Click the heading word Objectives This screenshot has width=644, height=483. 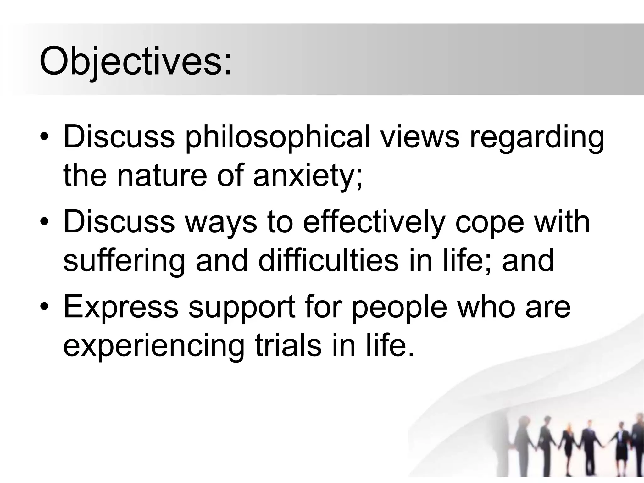click(135, 61)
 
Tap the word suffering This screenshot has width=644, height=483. click(124, 261)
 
